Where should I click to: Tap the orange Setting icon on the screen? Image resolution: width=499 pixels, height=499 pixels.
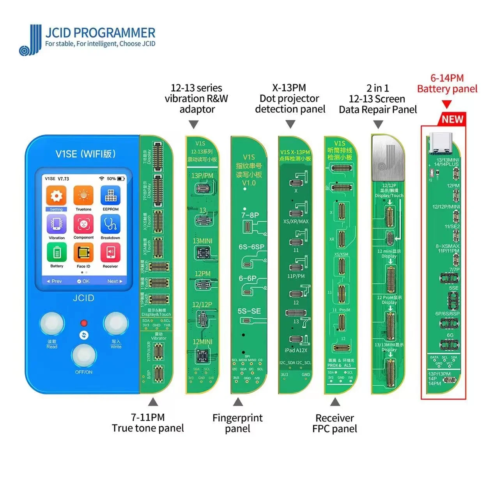pyautogui.click(x=56, y=196)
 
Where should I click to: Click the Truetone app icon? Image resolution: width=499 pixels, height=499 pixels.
pyautogui.click(x=83, y=196)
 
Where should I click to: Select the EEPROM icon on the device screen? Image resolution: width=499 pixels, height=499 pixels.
pyautogui.click(x=110, y=196)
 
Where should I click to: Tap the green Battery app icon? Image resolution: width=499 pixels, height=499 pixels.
pyautogui.click(x=57, y=253)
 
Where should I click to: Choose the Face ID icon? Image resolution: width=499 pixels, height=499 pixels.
pyautogui.click(x=83, y=253)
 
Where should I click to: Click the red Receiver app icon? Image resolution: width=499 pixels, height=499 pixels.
pyautogui.click(x=110, y=253)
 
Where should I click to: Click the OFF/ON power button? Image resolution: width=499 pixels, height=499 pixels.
pyautogui.click(x=84, y=355)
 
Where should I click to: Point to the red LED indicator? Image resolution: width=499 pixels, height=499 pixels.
pyautogui.click(x=83, y=323)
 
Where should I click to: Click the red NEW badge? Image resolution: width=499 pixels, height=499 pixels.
pyautogui.click(x=452, y=119)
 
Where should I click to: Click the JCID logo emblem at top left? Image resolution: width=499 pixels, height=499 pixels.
pyautogui.click(x=30, y=40)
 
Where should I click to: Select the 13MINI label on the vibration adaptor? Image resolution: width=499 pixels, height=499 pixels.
pyautogui.click(x=202, y=241)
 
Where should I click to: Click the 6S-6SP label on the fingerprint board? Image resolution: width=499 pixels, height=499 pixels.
pyautogui.click(x=251, y=247)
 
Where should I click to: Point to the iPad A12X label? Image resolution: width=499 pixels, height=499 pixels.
pyautogui.click(x=296, y=350)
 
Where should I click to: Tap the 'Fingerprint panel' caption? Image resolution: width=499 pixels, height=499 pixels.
pyautogui.click(x=237, y=423)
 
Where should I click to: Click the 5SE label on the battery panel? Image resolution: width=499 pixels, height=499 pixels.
pyautogui.click(x=454, y=288)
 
